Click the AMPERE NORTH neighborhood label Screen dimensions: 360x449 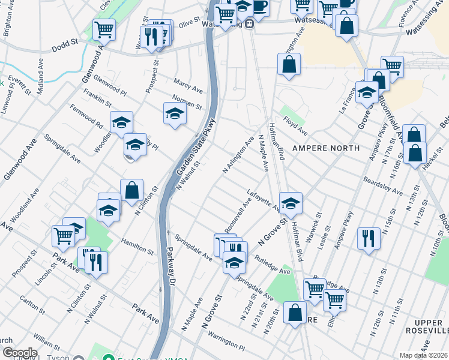tap(326, 148)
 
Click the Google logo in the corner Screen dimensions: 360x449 tap(19, 353)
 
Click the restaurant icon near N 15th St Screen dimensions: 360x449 tap(369, 238)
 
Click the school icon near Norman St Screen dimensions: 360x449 tap(175, 113)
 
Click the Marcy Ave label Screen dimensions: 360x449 tap(188, 84)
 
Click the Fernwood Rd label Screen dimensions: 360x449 tap(86, 116)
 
